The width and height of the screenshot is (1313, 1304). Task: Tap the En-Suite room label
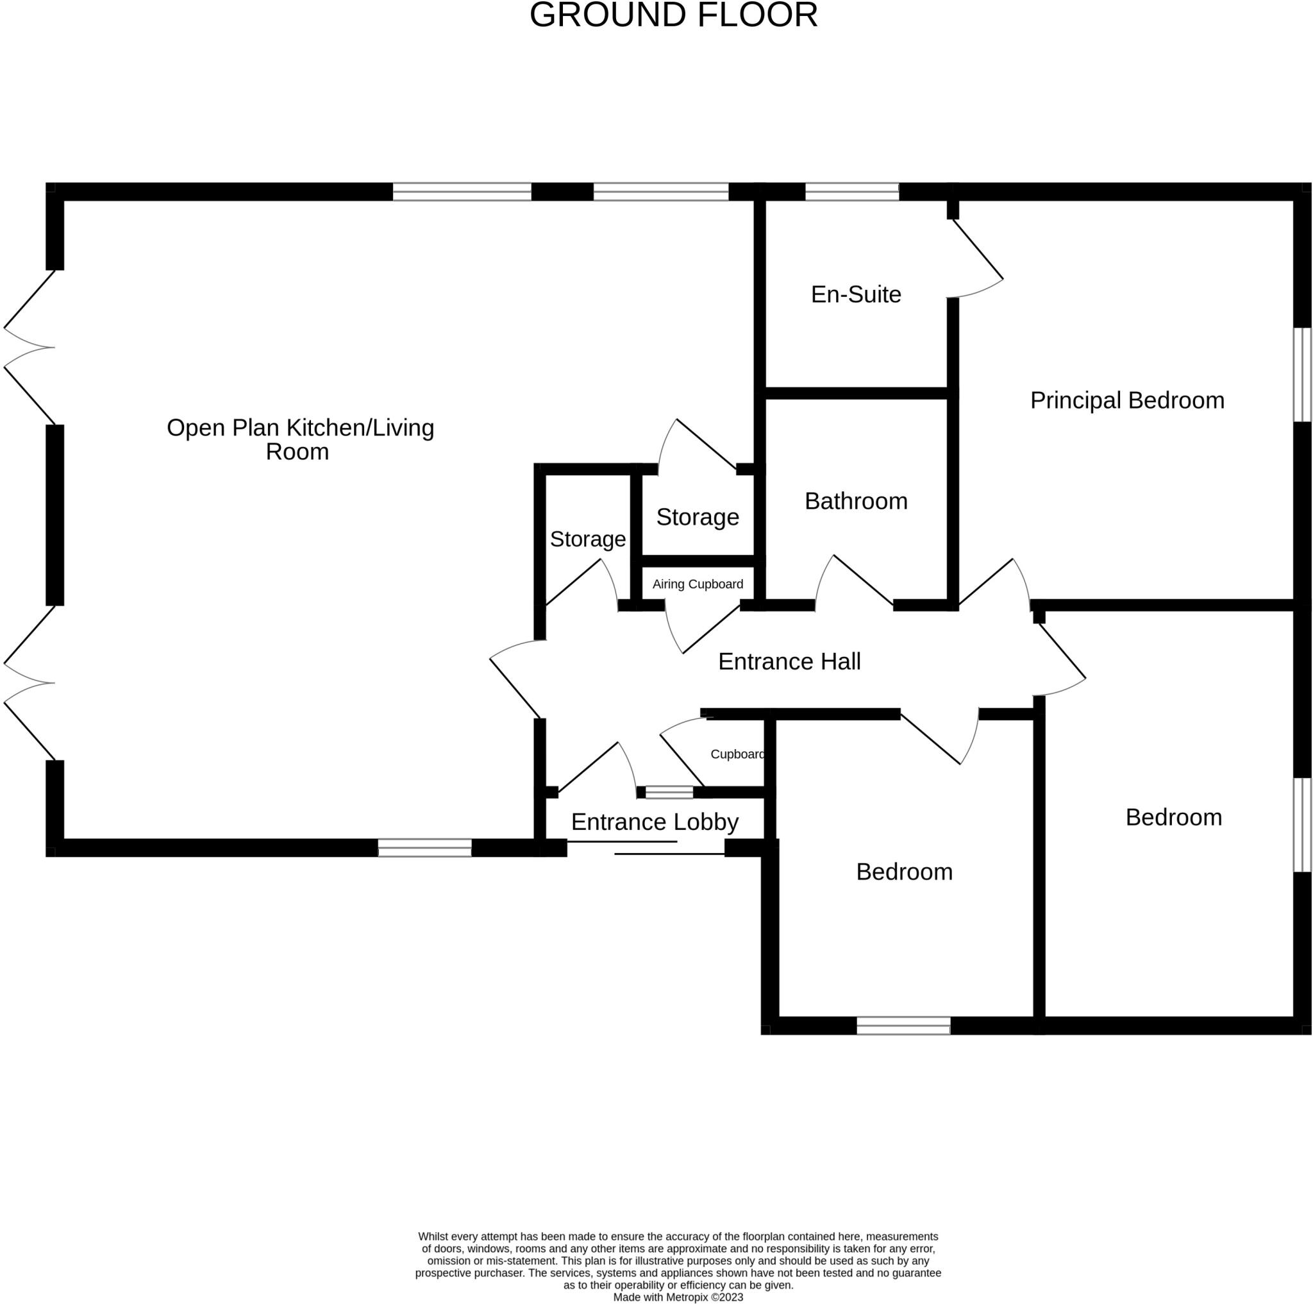tap(856, 294)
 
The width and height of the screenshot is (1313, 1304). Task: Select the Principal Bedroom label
tap(1127, 400)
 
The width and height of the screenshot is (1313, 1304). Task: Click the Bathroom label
tap(856, 501)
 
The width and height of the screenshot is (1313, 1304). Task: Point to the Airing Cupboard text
tap(698, 584)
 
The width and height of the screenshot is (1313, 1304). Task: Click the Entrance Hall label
tap(789, 661)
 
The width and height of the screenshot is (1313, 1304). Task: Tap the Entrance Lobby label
tap(655, 822)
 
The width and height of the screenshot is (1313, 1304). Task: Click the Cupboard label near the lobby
tap(737, 754)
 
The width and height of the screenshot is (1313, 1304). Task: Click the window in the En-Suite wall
tap(851, 192)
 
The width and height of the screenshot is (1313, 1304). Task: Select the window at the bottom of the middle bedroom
tap(903, 1025)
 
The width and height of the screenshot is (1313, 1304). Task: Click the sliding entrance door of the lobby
tap(646, 848)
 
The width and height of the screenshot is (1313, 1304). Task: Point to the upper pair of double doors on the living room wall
tap(29, 348)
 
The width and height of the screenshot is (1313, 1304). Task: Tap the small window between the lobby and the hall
tap(669, 792)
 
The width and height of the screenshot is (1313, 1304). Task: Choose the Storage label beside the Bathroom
tap(698, 518)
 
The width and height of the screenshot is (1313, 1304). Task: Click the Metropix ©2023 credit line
tap(678, 1296)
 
